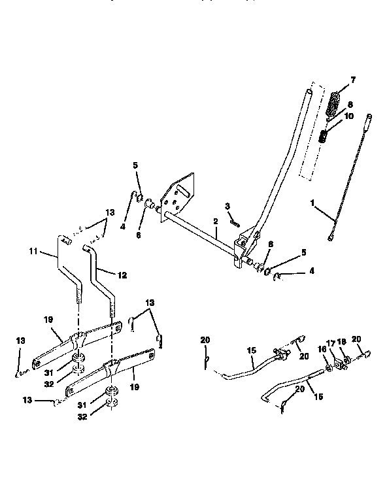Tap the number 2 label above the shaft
tap(214, 223)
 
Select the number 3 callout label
tap(227, 207)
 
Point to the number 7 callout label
tap(353, 80)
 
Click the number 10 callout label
tap(348, 116)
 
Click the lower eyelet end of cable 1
tap(331, 237)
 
